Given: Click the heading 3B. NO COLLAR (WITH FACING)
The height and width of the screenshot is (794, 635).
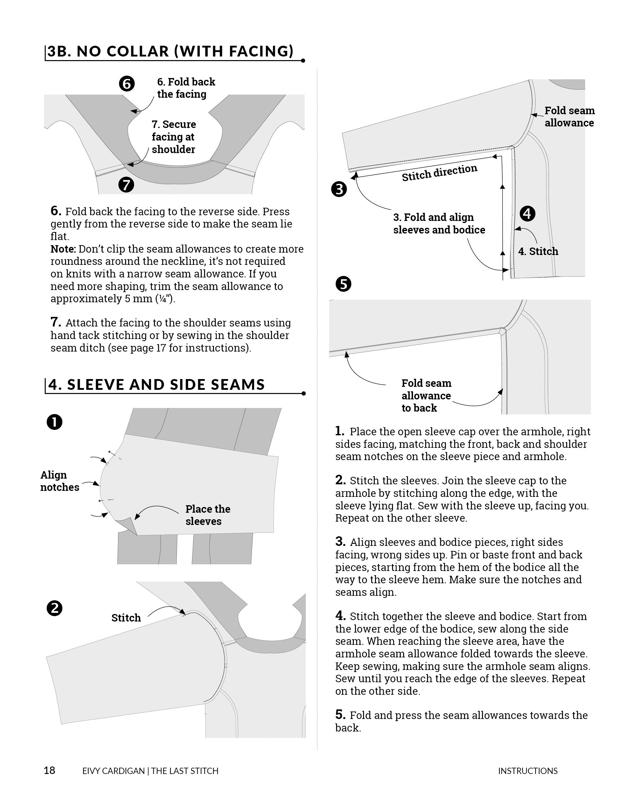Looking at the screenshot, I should click(x=170, y=51).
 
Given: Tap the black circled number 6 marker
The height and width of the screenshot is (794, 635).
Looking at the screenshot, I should click(x=127, y=84).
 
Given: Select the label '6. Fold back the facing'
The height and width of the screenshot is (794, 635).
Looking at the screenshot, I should click(x=186, y=88).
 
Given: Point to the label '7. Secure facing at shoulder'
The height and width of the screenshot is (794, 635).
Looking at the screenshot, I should click(x=173, y=137).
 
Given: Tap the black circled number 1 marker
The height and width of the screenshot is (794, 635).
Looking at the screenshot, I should click(x=54, y=422).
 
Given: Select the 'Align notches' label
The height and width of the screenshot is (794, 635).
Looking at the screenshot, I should click(x=59, y=481).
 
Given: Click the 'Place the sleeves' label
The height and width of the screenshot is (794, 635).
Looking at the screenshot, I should click(x=208, y=515).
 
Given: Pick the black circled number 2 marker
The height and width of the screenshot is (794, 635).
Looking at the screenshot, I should click(x=54, y=608).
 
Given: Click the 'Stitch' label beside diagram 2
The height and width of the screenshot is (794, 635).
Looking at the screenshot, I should click(x=126, y=618).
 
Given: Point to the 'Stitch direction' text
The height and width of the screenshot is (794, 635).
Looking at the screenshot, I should click(x=439, y=172).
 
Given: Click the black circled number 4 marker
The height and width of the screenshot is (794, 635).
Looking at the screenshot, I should click(x=527, y=214).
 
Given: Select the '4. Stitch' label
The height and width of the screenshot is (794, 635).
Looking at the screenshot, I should click(x=538, y=251).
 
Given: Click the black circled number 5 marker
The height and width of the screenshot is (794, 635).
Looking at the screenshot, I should click(x=343, y=284).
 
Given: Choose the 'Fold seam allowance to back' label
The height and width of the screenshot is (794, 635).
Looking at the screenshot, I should click(x=426, y=396).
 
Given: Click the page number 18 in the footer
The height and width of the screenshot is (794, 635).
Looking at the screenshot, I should click(x=49, y=770).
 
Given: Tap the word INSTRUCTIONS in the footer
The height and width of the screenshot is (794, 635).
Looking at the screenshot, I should click(x=527, y=771).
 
